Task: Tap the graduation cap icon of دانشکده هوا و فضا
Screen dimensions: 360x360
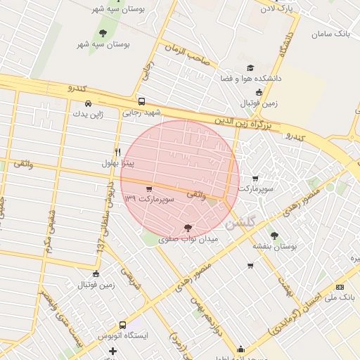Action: click(x=250, y=67)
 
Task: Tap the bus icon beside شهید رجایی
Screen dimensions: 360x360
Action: click(x=142, y=101)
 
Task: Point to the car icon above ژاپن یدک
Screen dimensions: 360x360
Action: click(x=87, y=103)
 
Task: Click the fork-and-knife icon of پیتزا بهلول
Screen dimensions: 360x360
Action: click(x=117, y=152)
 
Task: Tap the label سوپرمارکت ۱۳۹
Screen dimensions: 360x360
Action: click(x=148, y=200)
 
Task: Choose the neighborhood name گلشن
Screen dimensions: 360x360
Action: click(x=243, y=224)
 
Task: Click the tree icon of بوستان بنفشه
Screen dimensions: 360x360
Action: click(x=274, y=236)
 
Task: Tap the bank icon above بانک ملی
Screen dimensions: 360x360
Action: click(x=340, y=287)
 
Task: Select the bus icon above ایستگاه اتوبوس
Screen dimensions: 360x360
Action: click(x=123, y=325)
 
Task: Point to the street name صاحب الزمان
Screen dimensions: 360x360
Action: click(x=188, y=55)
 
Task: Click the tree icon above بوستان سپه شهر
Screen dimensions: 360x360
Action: click(x=103, y=33)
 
